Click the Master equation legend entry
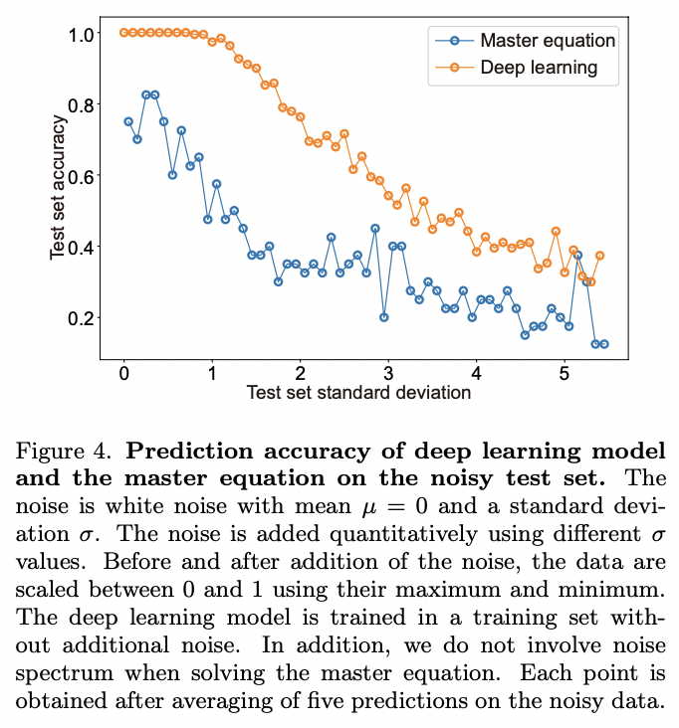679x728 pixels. pos(547,41)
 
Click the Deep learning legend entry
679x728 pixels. pos(538,68)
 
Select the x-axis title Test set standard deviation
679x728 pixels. pos(358,392)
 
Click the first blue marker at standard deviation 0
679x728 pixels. pos(127,121)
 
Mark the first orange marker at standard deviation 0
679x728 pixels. pos(123,33)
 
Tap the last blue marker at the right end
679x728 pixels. pos(604,344)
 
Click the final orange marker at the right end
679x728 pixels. pos(599,256)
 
